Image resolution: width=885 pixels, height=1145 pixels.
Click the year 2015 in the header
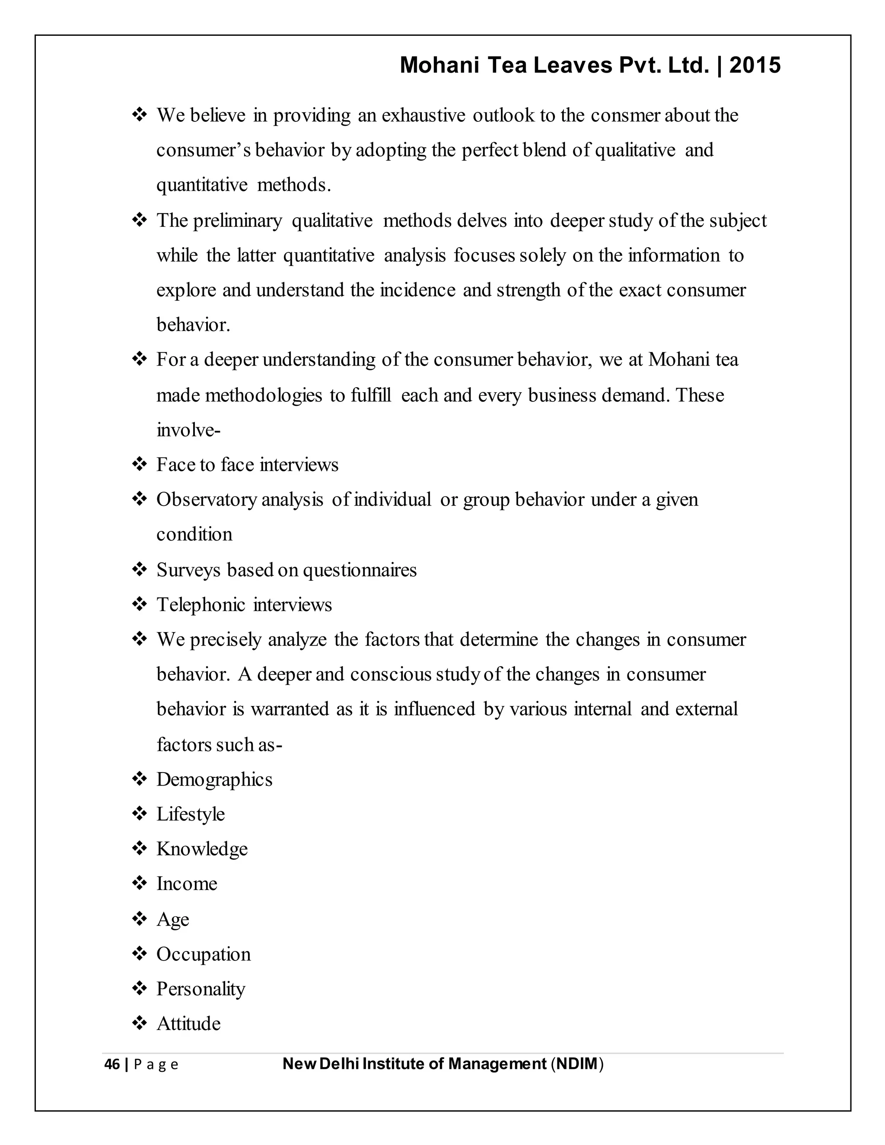[x=754, y=66]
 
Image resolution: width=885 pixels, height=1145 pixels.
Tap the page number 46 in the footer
[x=111, y=1065]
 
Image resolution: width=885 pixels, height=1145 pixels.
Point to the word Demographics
[x=214, y=779]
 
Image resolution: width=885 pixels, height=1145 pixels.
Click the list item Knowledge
[x=202, y=849]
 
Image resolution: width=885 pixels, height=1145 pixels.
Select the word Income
[x=187, y=884]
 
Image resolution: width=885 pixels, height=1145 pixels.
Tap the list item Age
[x=172, y=919]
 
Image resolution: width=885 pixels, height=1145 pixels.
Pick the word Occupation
[x=204, y=954]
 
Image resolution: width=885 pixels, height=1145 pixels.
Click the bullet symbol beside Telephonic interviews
[x=140, y=604]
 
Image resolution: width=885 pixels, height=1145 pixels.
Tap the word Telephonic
[x=201, y=605]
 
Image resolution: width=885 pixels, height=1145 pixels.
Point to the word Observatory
[x=206, y=499]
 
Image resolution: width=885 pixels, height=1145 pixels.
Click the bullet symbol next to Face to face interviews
[x=140, y=464]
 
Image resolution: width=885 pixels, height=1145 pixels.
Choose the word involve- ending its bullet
[x=188, y=430]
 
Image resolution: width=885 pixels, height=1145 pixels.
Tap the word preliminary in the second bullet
[x=238, y=221]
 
